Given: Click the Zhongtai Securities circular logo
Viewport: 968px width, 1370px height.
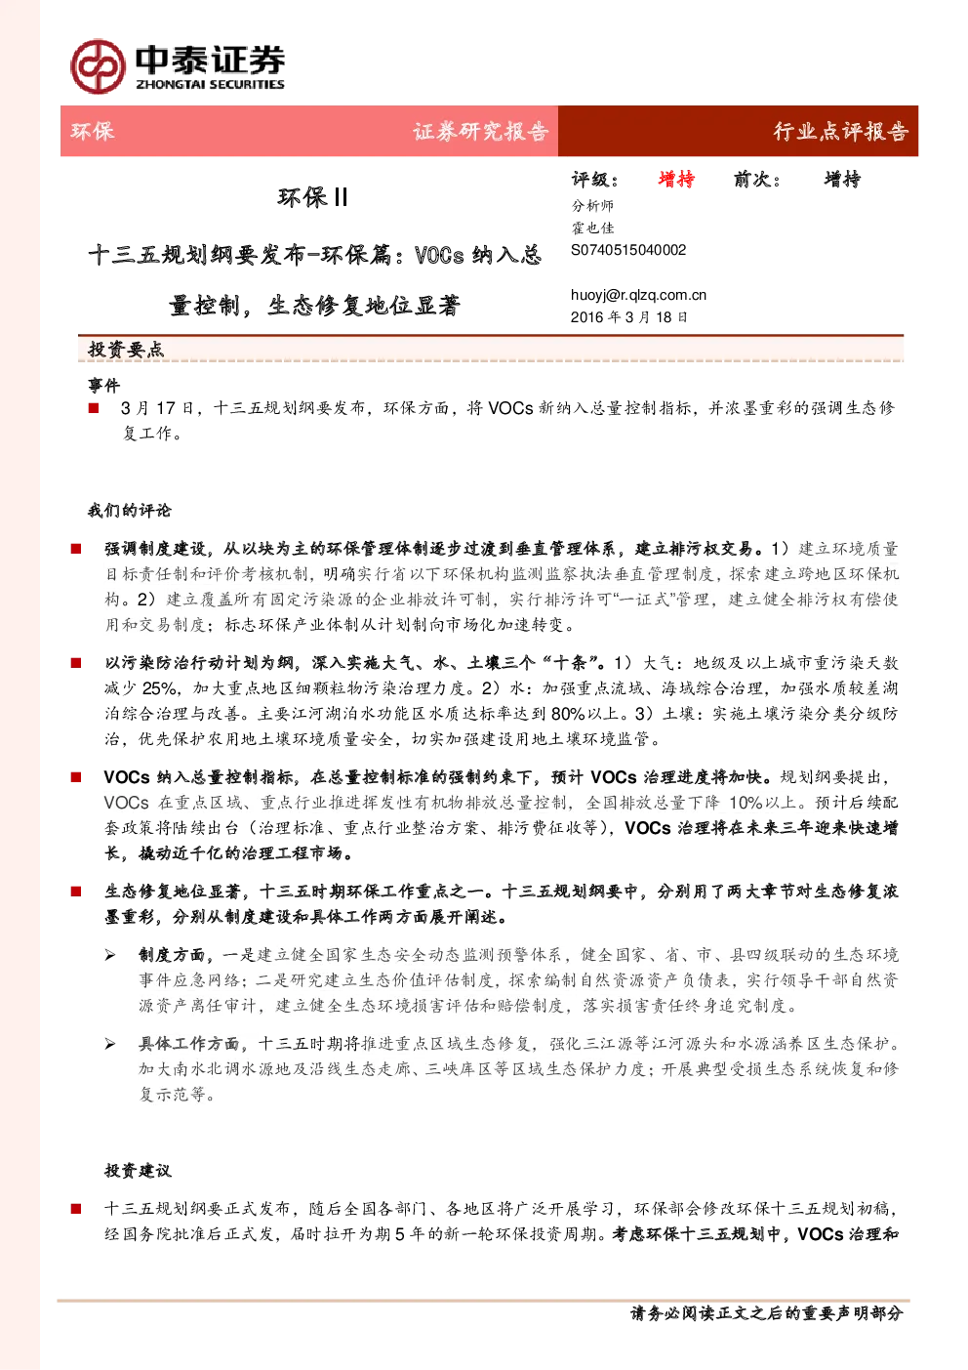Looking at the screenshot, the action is [x=98, y=66].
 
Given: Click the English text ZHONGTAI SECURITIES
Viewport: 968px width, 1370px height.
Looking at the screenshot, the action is [x=210, y=84].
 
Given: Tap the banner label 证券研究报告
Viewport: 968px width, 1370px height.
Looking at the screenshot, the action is [x=480, y=131].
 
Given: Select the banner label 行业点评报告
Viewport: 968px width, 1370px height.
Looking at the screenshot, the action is [x=841, y=131].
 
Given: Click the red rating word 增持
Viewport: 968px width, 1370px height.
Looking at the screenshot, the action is [x=676, y=180].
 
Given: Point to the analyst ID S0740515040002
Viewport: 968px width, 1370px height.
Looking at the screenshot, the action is [x=628, y=250].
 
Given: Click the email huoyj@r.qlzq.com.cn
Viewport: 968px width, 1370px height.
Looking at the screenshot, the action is [x=638, y=295].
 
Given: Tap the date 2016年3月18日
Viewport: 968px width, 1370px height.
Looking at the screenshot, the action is [x=628, y=316].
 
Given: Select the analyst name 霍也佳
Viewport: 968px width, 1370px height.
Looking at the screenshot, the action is [x=592, y=228].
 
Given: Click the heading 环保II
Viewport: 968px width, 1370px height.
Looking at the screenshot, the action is [x=312, y=197].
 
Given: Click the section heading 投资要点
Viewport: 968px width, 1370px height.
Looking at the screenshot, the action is [x=126, y=350].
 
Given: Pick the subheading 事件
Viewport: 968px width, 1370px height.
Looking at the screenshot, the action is [x=103, y=386].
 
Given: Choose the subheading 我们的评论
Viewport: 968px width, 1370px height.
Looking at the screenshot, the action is [x=130, y=510].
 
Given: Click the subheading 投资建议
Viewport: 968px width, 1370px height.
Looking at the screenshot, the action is [x=138, y=1171].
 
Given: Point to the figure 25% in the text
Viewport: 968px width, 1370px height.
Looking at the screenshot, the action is [x=160, y=688].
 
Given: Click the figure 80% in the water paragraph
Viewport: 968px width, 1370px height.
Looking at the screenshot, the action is [x=568, y=714].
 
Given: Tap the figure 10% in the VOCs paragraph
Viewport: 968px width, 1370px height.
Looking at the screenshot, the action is [x=746, y=803].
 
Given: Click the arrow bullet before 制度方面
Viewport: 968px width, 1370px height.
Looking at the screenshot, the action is [x=110, y=955].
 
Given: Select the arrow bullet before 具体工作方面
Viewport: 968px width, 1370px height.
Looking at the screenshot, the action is [x=110, y=1044].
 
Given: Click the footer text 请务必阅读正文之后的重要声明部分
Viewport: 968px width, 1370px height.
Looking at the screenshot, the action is [x=766, y=1312].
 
